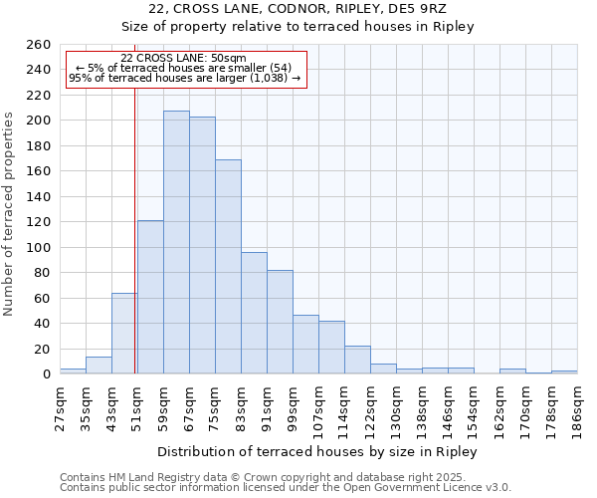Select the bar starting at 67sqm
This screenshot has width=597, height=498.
[x=202, y=245]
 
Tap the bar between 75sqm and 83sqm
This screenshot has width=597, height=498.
[x=228, y=267]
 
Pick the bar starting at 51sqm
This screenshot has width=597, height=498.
[x=150, y=297]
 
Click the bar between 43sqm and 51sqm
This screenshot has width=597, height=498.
[x=124, y=334]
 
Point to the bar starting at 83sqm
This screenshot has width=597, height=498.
[x=254, y=313]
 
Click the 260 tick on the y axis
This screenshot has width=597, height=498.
[x=39, y=45]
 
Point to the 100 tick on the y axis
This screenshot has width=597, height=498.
[x=39, y=247]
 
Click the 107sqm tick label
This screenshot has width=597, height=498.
[x=318, y=408]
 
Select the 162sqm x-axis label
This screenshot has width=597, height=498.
[x=499, y=408]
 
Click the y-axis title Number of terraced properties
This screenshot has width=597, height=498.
[x=10, y=213]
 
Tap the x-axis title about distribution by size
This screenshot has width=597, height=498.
[x=317, y=451]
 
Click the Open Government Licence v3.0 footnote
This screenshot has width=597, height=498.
[x=285, y=488]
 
